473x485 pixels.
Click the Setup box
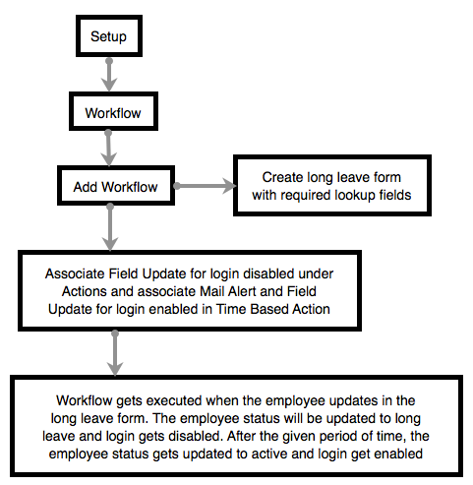[109, 35]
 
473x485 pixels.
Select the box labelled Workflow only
[113, 111]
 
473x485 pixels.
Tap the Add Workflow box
[116, 186]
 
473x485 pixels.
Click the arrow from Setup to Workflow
[109, 75]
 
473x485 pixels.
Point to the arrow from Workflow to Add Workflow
[108, 149]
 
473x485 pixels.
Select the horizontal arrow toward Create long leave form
[205, 186]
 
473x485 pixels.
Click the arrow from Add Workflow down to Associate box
[110, 227]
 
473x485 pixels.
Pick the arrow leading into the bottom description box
[115, 353]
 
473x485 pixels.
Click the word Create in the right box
[282, 177]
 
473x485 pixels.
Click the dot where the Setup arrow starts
[109, 61]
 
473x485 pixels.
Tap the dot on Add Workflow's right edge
[177, 186]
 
